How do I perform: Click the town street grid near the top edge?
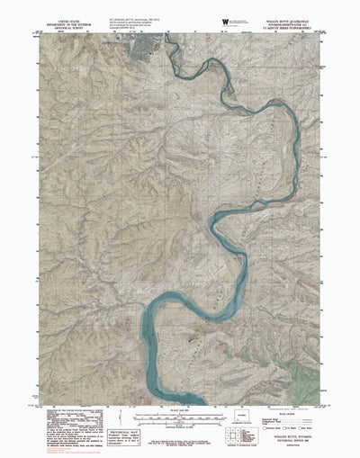pyautogui.click(x=143, y=48)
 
